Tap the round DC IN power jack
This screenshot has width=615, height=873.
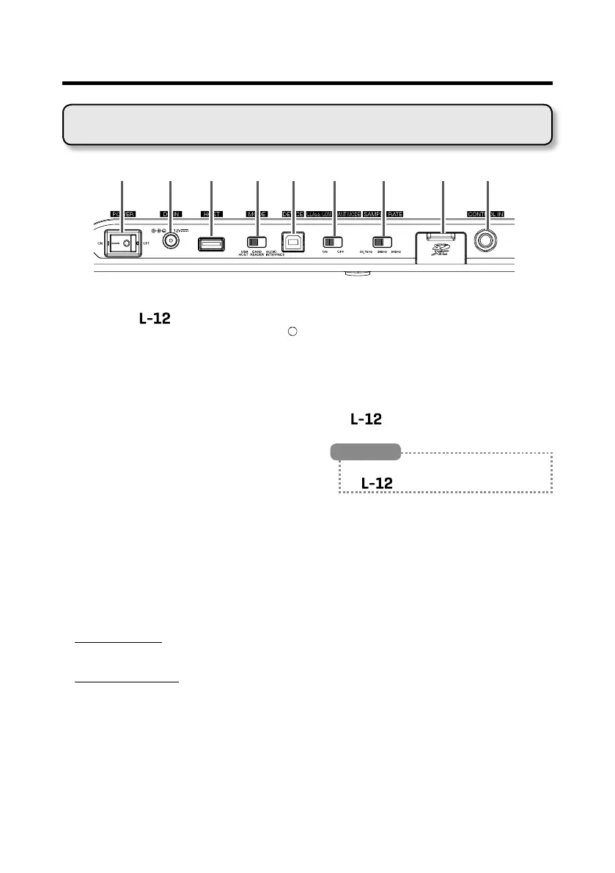[x=170, y=242]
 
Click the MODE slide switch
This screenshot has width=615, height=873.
[x=257, y=241]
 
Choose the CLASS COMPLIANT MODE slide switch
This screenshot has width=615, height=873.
[x=334, y=241]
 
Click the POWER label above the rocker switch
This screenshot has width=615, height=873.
[x=122, y=214]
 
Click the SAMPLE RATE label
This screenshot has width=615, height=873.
[x=383, y=214]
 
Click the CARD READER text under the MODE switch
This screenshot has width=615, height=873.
[x=258, y=254]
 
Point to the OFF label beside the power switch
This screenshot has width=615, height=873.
[x=146, y=242]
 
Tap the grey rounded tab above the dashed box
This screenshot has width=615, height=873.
[x=369, y=450]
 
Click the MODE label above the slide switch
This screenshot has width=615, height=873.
[x=257, y=214]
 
